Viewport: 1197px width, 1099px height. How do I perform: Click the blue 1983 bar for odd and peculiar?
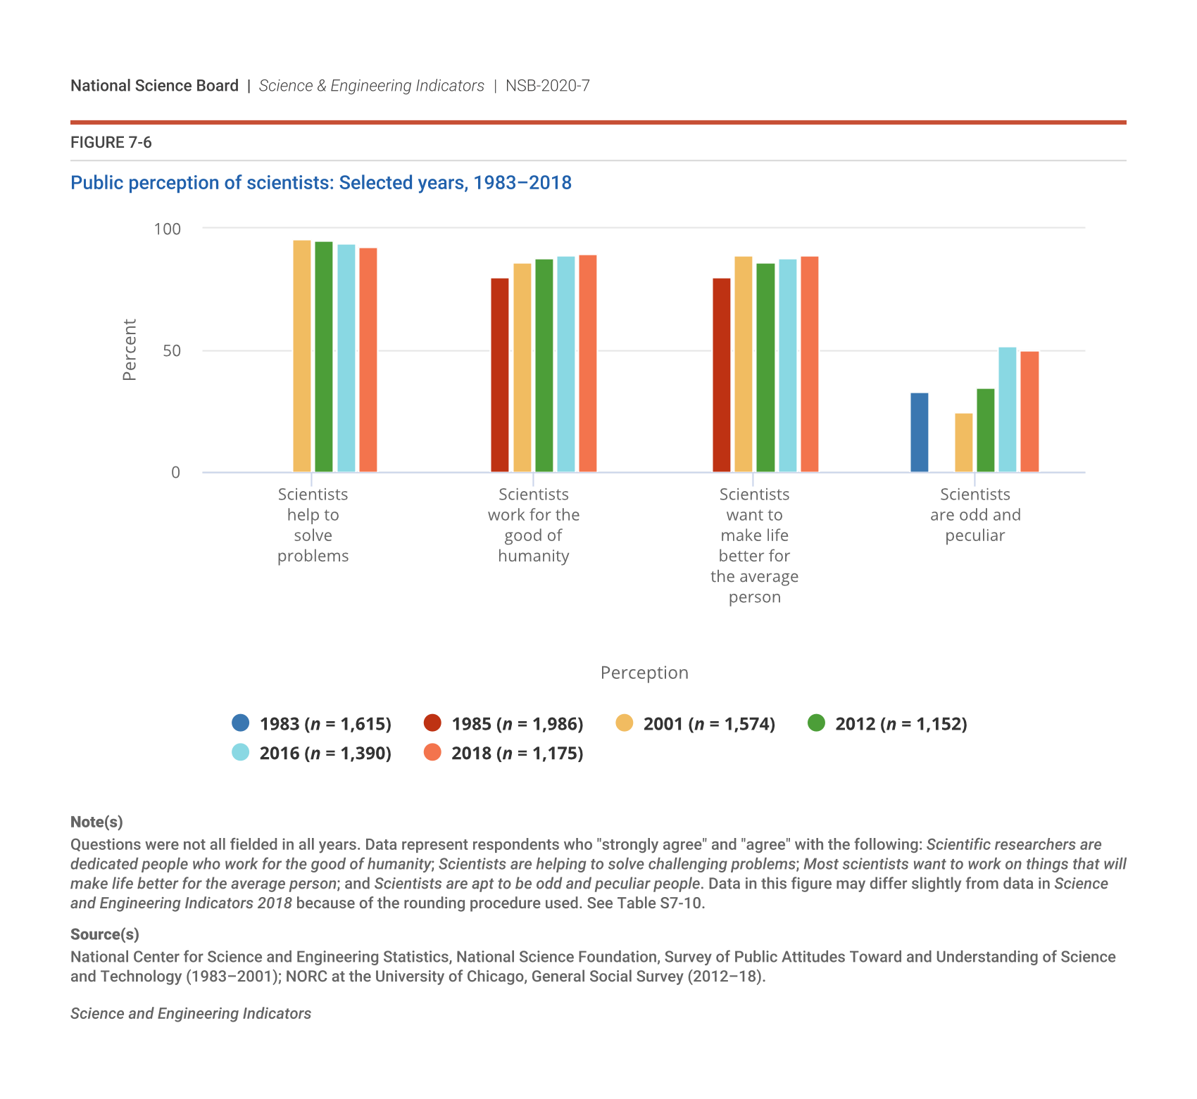click(x=919, y=432)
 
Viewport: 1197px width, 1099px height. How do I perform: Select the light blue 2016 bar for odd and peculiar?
click(x=1008, y=409)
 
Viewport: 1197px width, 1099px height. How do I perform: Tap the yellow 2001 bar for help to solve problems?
click(x=302, y=356)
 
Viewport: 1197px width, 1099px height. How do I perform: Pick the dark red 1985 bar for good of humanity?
click(x=500, y=375)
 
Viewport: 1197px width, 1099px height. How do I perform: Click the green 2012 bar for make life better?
click(x=765, y=367)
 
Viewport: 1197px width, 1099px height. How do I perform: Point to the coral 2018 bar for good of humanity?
click(x=588, y=363)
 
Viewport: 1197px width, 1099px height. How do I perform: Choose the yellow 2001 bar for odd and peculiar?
click(x=963, y=443)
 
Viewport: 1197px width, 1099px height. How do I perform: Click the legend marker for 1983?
click(x=241, y=723)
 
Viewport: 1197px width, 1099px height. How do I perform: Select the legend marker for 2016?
click(x=241, y=752)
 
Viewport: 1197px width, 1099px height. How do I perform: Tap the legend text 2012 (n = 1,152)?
click(x=901, y=724)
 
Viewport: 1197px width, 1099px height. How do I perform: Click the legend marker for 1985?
click(x=432, y=723)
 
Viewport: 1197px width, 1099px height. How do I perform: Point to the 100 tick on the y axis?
click(x=168, y=229)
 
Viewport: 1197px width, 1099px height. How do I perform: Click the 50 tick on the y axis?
click(x=172, y=350)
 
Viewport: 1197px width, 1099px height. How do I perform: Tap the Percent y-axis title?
click(x=130, y=350)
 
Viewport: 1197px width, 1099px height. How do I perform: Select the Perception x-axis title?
click(x=644, y=673)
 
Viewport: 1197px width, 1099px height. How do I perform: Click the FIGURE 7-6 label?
click(x=111, y=143)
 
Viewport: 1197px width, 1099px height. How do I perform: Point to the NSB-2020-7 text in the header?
click(x=547, y=86)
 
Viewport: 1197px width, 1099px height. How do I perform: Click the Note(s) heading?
click(x=96, y=822)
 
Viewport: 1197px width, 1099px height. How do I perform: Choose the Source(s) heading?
click(x=105, y=934)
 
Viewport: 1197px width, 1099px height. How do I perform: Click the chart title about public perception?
click(x=321, y=183)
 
